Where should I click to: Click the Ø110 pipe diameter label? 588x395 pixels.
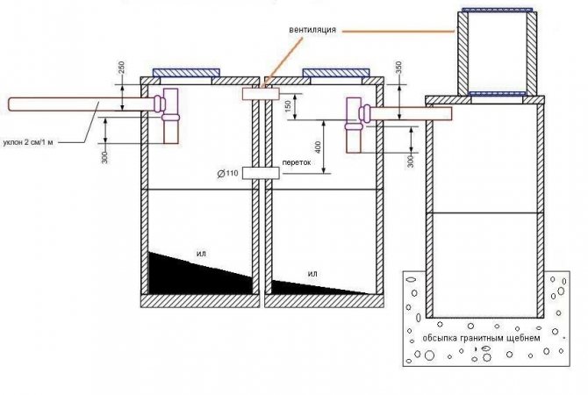[226, 173]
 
